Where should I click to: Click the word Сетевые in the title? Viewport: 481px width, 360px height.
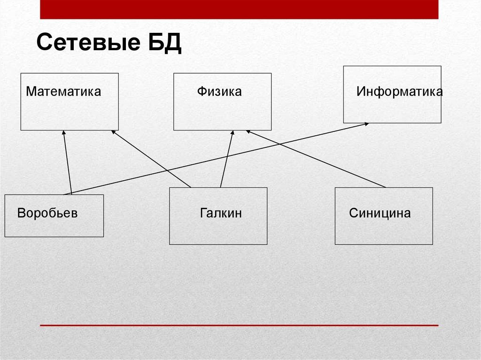coord(85,44)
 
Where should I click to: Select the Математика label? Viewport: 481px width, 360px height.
coord(63,91)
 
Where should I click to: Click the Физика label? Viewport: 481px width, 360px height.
coord(219,91)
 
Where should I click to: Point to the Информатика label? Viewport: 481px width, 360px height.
coord(399,91)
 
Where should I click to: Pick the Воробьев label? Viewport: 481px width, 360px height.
coord(47,213)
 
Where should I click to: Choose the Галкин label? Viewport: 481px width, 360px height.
coord(221,213)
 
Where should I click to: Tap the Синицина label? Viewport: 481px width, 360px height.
coord(380,213)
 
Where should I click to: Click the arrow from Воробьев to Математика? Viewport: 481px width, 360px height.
coord(68,164)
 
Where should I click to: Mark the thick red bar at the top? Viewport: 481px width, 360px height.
coord(239,9)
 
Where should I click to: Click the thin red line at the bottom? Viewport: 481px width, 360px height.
coord(239,325)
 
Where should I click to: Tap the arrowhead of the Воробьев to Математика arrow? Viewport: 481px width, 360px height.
coord(63,134)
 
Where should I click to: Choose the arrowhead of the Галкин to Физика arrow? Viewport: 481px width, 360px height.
coord(232,134)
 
